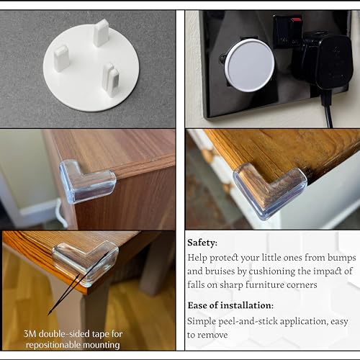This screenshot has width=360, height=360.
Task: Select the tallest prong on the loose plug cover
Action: [102, 32]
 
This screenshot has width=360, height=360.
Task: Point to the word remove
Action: [215, 335]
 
